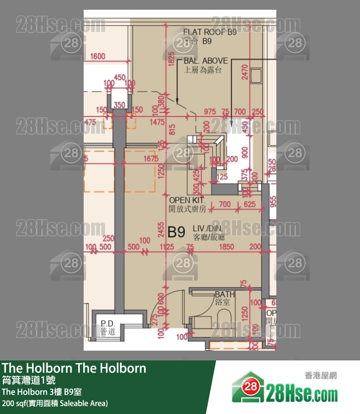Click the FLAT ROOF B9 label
click(x=209, y=33)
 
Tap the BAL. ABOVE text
click(x=205, y=61)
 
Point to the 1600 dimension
click(x=97, y=56)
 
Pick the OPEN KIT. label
click(x=187, y=200)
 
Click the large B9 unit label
click(x=176, y=232)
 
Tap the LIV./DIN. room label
click(x=208, y=228)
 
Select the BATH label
click(x=225, y=294)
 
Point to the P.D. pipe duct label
click(x=107, y=323)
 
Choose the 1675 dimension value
click(x=151, y=159)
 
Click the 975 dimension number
click(x=210, y=112)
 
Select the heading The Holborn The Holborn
click(x=74, y=368)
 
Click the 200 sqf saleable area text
click(x=54, y=403)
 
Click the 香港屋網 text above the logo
click(x=321, y=375)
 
